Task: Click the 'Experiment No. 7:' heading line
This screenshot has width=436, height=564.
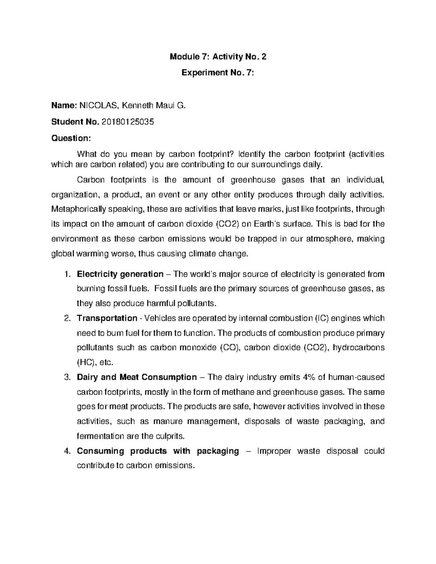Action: pyautogui.click(x=218, y=73)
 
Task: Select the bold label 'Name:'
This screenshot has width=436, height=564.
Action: pyautogui.click(x=64, y=106)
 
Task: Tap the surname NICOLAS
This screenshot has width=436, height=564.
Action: pyautogui.click(x=99, y=106)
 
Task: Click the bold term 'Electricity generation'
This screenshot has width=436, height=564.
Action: pyautogui.click(x=120, y=274)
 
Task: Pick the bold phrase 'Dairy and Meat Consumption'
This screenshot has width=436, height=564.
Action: pyautogui.click(x=137, y=377)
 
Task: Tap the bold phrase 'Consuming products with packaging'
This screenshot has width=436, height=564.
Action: pyautogui.click(x=158, y=451)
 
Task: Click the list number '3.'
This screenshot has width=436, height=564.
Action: pyautogui.click(x=66, y=377)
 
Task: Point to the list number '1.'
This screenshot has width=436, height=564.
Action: pyautogui.click(x=66, y=274)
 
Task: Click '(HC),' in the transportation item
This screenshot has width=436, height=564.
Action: pyautogui.click(x=86, y=362)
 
